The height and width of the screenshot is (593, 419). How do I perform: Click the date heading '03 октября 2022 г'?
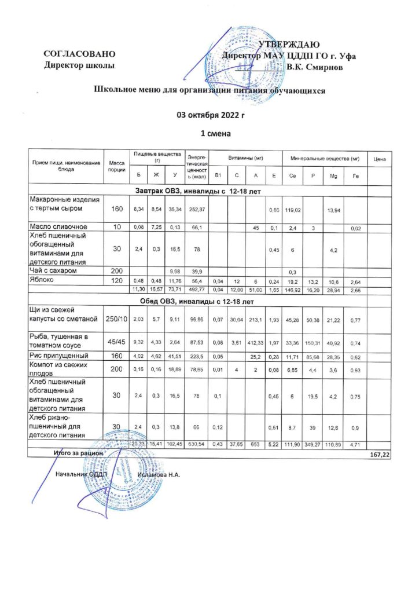tap(210, 116)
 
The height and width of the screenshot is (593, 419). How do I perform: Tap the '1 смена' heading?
tap(210, 134)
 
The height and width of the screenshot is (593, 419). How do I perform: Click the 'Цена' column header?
tap(380, 159)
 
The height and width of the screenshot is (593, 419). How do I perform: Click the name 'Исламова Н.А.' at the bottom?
tap(159, 475)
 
